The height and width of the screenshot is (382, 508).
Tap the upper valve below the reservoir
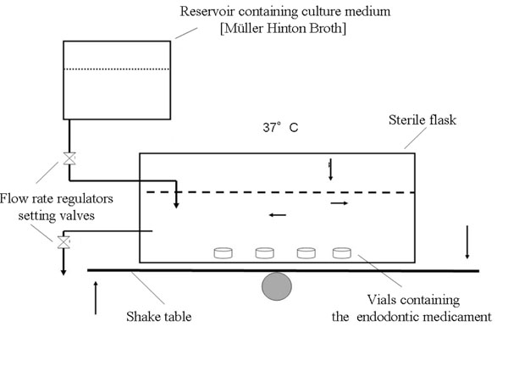click(69, 158)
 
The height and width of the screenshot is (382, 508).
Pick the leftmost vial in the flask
click(224, 252)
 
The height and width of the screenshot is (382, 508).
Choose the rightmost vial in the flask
click(342, 252)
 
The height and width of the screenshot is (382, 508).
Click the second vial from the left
click(265, 252)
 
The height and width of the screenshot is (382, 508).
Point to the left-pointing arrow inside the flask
click(277, 215)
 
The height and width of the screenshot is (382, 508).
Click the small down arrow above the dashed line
click(331, 170)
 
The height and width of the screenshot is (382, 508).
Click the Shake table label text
click(157, 318)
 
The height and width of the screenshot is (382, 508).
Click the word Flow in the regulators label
click(15, 200)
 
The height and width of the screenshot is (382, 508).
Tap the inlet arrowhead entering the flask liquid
click(177, 203)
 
